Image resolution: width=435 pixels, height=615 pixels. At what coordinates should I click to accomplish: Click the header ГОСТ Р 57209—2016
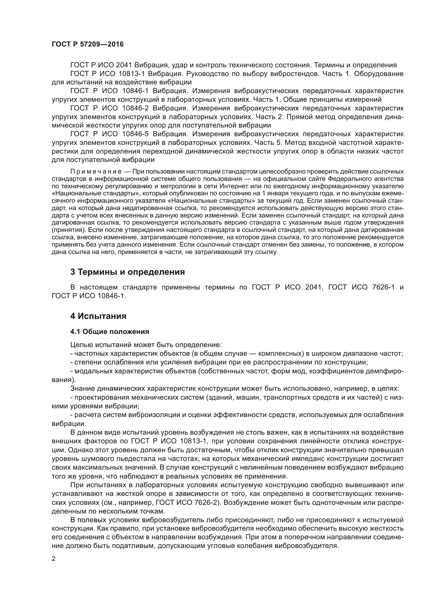coord(88,44)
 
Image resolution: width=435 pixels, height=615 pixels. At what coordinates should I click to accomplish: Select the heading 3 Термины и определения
coord(128,272)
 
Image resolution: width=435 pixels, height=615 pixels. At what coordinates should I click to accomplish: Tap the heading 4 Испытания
coord(98,316)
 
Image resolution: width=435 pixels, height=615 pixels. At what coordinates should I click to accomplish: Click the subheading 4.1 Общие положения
coord(110,332)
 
